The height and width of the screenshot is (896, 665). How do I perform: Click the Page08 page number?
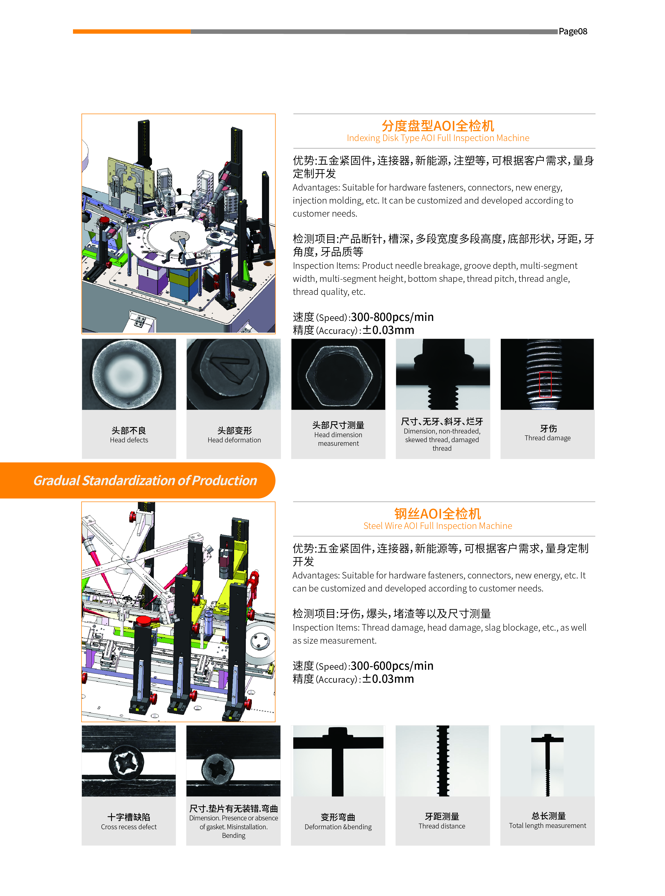pyautogui.click(x=572, y=31)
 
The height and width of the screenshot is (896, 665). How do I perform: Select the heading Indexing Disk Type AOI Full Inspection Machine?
pyautogui.click(x=438, y=138)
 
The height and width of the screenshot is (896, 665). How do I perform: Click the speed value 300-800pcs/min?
pyautogui.click(x=392, y=317)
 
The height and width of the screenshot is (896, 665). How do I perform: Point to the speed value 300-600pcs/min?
pyautogui.click(x=392, y=666)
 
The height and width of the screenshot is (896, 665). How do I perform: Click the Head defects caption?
pyautogui.click(x=129, y=440)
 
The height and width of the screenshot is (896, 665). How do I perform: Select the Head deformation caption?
pyautogui.click(x=234, y=440)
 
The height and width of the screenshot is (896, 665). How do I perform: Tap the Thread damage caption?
pyautogui.click(x=547, y=438)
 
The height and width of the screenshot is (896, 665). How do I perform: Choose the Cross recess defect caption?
pyautogui.click(x=129, y=827)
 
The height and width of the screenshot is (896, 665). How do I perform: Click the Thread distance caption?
pyautogui.click(x=442, y=826)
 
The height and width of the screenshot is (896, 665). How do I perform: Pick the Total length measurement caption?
pyautogui.click(x=547, y=826)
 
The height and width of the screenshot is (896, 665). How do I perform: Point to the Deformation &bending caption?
pyautogui.click(x=338, y=827)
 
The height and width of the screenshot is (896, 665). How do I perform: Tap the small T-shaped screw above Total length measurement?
pyautogui.click(x=547, y=765)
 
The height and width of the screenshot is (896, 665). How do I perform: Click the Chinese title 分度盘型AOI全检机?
pyautogui.click(x=438, y=126)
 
